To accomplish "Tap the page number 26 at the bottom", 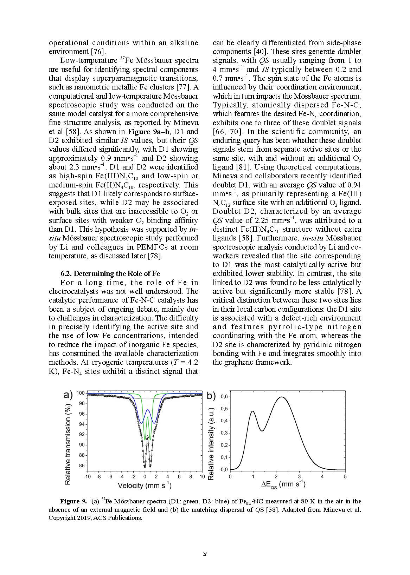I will (205, 554).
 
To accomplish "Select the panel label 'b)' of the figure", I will (211, 396).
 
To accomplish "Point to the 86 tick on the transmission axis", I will (81, 466).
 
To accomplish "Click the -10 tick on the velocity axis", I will (87, 476).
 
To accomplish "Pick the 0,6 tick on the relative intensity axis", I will (224, 397).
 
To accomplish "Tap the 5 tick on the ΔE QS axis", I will (345, 476).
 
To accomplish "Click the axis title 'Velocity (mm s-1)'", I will (145, 485).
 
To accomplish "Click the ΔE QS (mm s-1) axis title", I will (283, 485).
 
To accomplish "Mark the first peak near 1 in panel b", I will (252, 411).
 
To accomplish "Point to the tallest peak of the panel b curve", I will (282, 397).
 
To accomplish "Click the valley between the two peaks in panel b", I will (262, 431).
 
